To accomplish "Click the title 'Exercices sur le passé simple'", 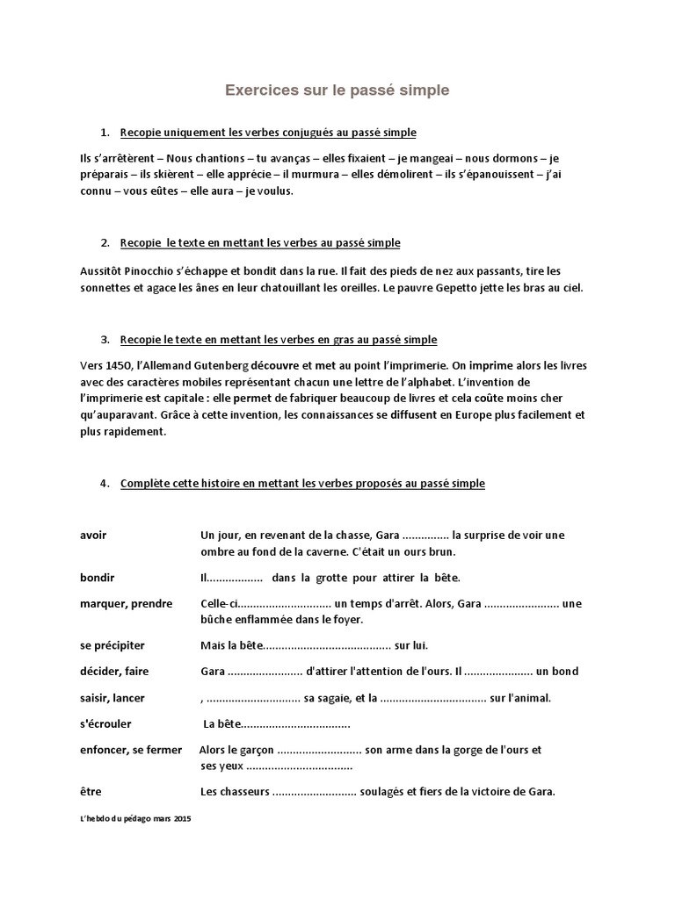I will (337, 90).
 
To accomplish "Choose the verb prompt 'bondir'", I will (97, 578).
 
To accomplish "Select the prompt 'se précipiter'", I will (112, 645).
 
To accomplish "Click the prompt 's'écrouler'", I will (103, 724).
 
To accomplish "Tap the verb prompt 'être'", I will (91, 791).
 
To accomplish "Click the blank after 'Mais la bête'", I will (327, 646).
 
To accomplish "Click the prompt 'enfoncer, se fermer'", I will (131, 750).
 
